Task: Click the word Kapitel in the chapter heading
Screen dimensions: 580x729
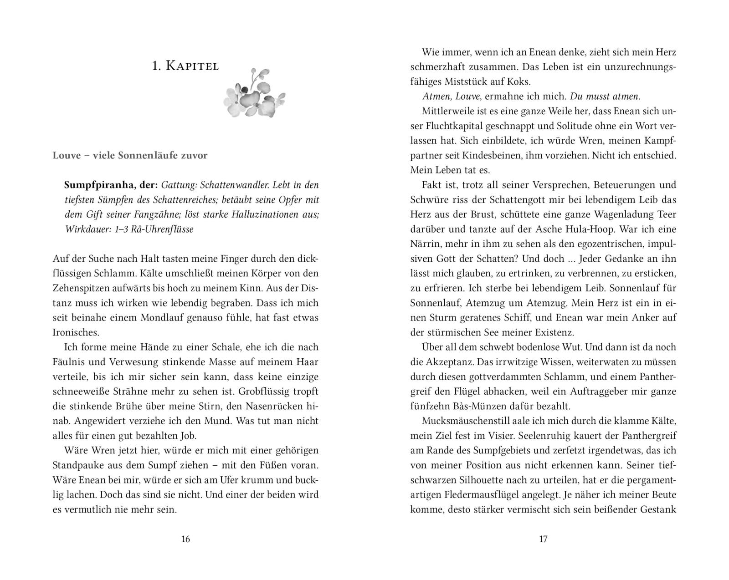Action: [192, 66]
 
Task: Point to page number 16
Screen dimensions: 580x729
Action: [185, 539]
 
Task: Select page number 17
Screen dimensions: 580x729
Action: [543, 539]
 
